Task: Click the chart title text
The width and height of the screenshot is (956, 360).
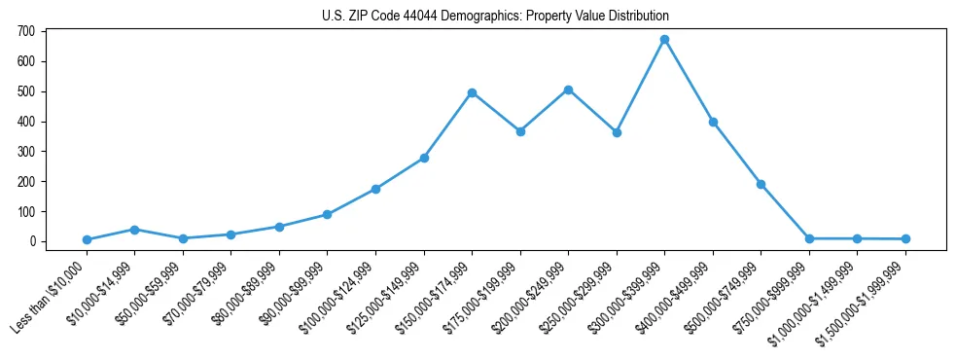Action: pyautogui.click(x=495, y=16)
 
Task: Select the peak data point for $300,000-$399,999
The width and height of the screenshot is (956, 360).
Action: pyautogui.click(x=664, y=40)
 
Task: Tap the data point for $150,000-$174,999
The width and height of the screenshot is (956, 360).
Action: pyautogui.click(x=472, y=92)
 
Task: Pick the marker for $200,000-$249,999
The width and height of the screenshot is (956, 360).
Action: pyautogui.click(x=568, y=90)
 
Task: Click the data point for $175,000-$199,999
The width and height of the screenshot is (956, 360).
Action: pyautogui.click(x=520, y=131)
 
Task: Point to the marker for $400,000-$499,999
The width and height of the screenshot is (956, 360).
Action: pyautogui.click(x=713, y=122)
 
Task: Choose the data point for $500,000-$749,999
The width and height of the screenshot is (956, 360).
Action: pyautogui.click(x=761, y=184)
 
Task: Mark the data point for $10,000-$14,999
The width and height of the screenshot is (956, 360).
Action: pyautogui.click(x=134, y=230)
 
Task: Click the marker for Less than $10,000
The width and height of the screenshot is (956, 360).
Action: pyautogui.click(x=87, y=239)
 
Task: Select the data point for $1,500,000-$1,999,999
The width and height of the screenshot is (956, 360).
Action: pyautogui.click(x=905, y=238)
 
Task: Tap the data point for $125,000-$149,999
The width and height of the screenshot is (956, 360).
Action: pyautogui.click(x=424, y=158)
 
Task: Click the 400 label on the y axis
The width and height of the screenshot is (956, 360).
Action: pyautogui.click(x=26, y=122)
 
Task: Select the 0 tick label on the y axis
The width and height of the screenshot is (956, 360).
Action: pyautogui.click(x=32, y=241)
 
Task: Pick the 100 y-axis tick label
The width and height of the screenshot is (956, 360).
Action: pyautogui.click(x=26, y=211)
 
